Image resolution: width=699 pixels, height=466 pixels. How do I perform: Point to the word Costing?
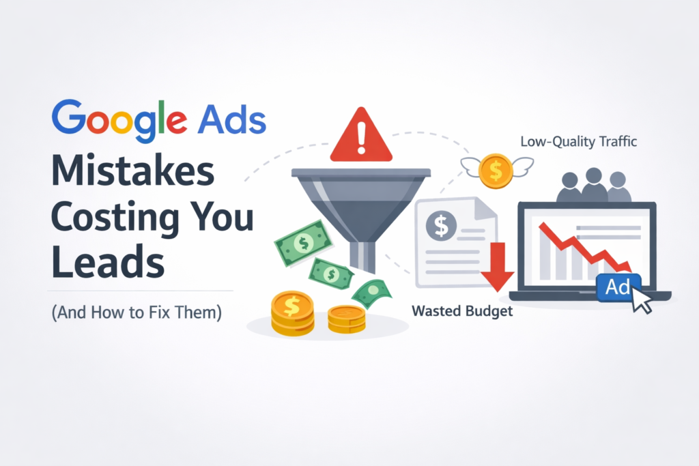tap(108, 218)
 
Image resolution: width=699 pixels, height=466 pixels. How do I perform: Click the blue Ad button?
tap(617, 287)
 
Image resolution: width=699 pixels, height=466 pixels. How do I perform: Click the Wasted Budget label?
tap(461, 312)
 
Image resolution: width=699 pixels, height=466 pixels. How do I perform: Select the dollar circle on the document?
tap(441, 226)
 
